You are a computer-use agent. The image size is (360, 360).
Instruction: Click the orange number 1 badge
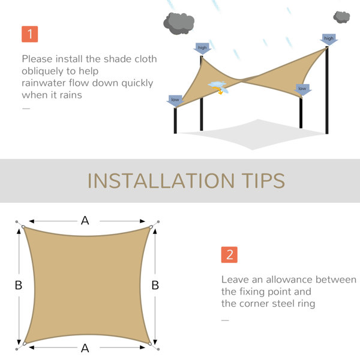tap(30, 34)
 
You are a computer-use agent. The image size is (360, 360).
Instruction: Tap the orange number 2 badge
tap(229, 254)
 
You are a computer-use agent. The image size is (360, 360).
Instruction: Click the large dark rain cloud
tap(179, 23)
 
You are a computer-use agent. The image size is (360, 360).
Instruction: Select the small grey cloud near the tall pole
tap(341, 17)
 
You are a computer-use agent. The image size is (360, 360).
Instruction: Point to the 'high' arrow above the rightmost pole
tap(329, 39)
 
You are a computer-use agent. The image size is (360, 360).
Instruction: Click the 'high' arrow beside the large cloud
tap(202, 49)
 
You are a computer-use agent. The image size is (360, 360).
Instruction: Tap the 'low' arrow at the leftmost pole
tap(175, 101)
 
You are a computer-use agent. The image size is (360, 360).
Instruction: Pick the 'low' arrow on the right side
tap(302, 89)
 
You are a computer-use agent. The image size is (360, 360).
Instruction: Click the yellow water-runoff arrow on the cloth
tap(218, 90)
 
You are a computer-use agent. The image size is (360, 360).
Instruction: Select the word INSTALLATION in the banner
tap(161, 181)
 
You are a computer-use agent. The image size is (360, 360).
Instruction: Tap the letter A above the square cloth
tap(85, 221)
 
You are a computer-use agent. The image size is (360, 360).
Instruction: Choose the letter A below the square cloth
tap(85, 348)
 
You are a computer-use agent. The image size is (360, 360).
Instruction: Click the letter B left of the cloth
tap(19, 285)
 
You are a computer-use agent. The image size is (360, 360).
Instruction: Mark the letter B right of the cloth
tap(155, 285)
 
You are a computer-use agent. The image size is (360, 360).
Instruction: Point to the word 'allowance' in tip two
tap(289, 280)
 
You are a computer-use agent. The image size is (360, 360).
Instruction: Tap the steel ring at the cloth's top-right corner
tap(151, 227)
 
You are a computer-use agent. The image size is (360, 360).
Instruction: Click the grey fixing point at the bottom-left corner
tap(17, 349)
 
